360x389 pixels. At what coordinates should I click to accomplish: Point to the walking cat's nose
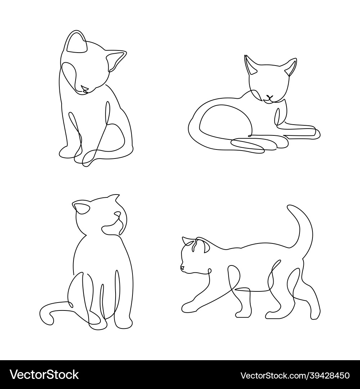coord(182,268)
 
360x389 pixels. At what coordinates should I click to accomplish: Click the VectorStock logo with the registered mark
coord(44,375)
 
